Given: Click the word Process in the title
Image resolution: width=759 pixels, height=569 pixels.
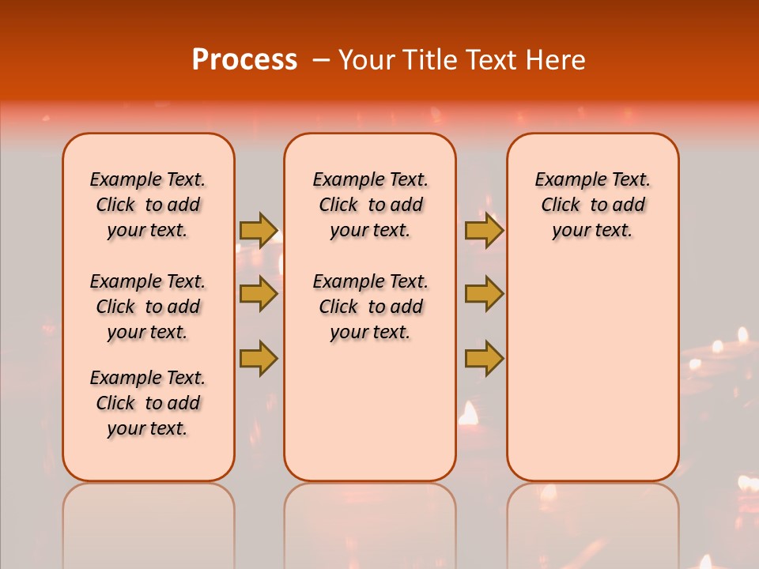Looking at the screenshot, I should pyautogui.click(x=244, y=60).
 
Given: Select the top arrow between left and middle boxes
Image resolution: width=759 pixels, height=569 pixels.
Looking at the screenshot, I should pyautogui.click(x=258, y=231).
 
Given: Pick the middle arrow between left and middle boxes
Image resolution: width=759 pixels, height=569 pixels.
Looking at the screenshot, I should pyautogui.click(x=258, y=294).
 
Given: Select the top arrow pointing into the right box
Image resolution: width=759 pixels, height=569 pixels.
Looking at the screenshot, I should pyautogui.click(x=484, y=231).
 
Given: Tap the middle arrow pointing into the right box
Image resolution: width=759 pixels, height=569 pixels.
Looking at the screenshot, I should pyautogui.click(x=484, y=294).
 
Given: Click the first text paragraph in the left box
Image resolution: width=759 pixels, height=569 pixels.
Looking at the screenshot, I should pyautogui.click(x=148, y=205).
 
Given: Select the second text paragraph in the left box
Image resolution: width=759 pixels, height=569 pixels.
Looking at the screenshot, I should pyautogui.click(x=148, y=307).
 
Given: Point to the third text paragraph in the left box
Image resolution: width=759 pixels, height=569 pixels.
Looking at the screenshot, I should pyautogui.click(x=148, y=403).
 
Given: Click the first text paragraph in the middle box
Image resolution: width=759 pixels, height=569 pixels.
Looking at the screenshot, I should pyautogui.click(x=370, y=205).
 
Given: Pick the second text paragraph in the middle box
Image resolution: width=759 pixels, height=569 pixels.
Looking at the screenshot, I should pyautogui.click(x=370, y=307).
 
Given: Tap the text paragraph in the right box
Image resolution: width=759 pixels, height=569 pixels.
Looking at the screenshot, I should pyautogui.click(x=593, y=205).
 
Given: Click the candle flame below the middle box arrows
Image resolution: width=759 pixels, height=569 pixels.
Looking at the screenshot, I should pyautogui.click(x=469, y=413).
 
